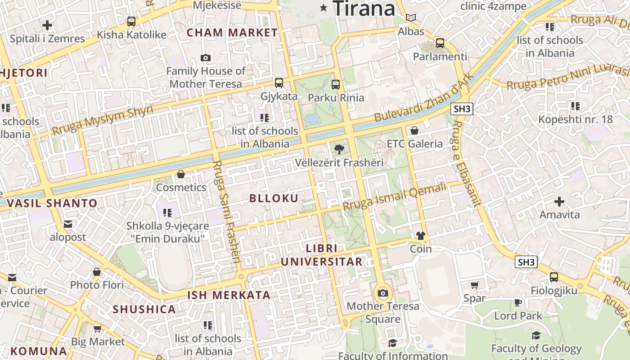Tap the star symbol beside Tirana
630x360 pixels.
(x=323, y=7)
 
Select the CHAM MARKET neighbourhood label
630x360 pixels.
(x=232, y=32)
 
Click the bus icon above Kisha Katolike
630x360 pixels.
(x=131, y=21)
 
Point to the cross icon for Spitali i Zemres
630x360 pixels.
(x=47, y=25)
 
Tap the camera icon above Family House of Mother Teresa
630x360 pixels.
(x=206, y=58)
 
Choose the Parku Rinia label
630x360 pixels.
(x=336, y=97)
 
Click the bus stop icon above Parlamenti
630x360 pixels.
(x=440, y=43)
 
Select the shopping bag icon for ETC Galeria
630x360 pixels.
(x=414, y=130)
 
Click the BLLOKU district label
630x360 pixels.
(x=274, y=198)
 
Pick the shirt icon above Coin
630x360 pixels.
(x=420, y=235)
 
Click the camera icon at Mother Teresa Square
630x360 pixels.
(x=383, y=293)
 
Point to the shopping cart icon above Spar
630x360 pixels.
(x=474, y=285)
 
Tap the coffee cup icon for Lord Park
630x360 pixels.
(x=518, y=302)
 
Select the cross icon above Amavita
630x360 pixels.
(x=559, y=201)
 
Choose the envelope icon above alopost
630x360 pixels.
(x=68, y=224)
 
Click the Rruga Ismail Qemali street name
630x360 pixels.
(x=394, y=196)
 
